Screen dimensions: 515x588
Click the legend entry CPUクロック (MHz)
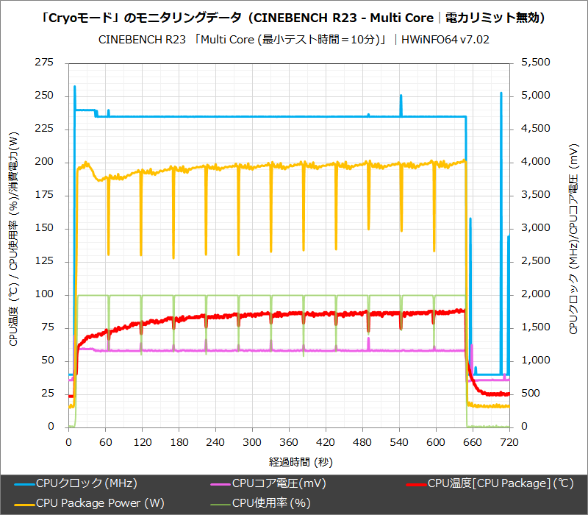pyautogui.click(x=86, y=483)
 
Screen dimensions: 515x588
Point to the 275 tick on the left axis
pyautogui.click(x=45, y=63)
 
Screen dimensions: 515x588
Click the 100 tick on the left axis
pyautogui.click(x=45, y=294)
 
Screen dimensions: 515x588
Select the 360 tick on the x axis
pyautogui.click(x=289, y=442)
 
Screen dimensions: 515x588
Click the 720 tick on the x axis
pyautogui.click(x=509, y=442)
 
